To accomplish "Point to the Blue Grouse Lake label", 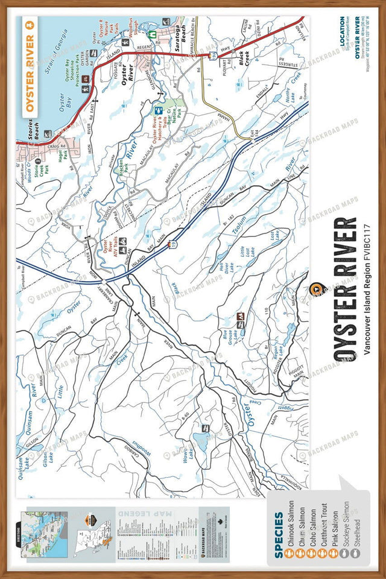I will (230, 325).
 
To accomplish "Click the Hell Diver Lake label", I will (225, 266).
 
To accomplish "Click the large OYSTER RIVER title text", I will (344, 289).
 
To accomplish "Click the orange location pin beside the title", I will (314, 289).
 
